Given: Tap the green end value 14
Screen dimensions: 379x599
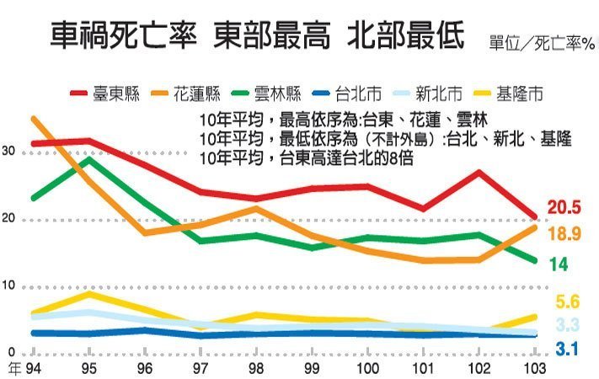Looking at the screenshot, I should click(x=559, y=264).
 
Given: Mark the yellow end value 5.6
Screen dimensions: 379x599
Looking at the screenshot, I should click(x=564, y=302).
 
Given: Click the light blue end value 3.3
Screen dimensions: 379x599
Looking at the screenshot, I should click(x=564, y=325).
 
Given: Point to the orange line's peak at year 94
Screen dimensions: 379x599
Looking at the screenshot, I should click(x=32, y=119).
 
